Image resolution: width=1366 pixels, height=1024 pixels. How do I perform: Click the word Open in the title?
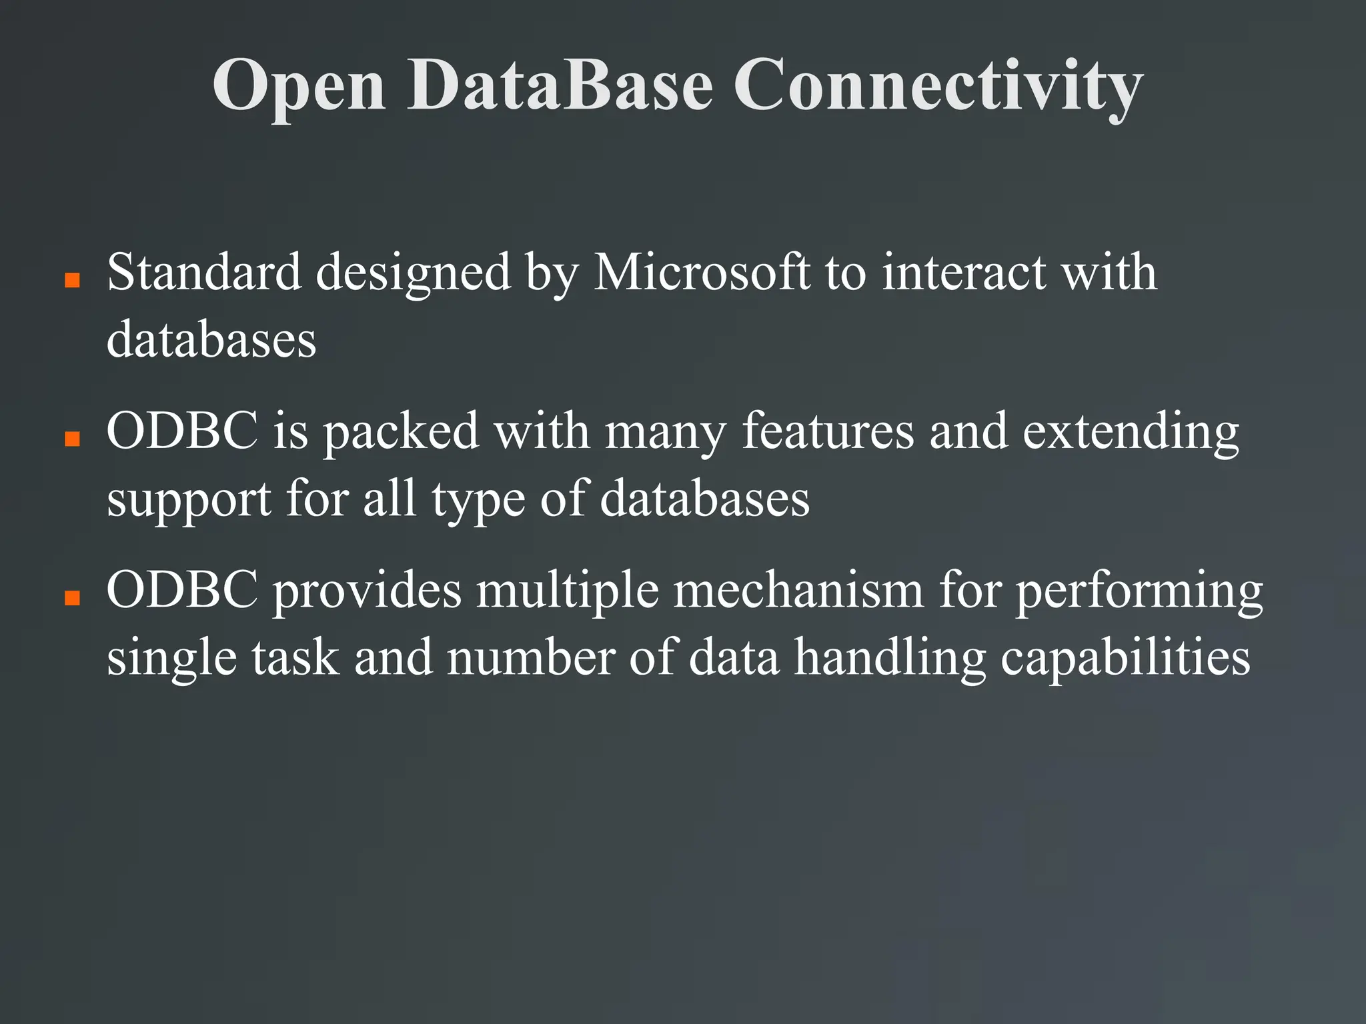pos(299,86)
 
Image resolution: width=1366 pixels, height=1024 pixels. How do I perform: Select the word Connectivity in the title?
pos(938,86)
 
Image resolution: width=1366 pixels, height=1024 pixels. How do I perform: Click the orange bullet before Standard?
pos(72,279)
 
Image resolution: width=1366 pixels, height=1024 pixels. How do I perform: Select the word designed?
pos(413,273)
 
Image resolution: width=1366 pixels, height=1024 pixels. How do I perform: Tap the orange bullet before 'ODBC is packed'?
pos(72,438)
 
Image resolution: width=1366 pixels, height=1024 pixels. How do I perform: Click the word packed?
pos(401,432)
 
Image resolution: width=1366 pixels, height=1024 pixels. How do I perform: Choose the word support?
pos(189,500)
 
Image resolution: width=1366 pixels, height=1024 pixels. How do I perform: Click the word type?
pos(478,500)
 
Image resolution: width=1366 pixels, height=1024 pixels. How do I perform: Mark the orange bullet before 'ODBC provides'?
pos(72,597)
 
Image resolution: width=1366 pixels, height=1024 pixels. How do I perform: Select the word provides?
pos(368,591)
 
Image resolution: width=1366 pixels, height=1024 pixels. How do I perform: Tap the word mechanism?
pos(798,590)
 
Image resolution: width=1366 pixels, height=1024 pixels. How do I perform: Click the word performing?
pos(1139,591)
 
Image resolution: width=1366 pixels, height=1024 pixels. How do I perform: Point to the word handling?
pos(890,658)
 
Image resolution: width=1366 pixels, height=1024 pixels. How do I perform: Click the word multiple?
pos(567,591)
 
